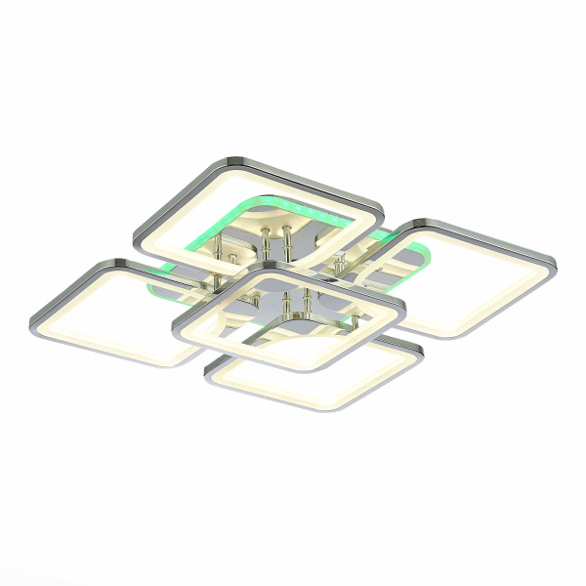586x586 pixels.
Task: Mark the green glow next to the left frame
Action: [x=156, y=286]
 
